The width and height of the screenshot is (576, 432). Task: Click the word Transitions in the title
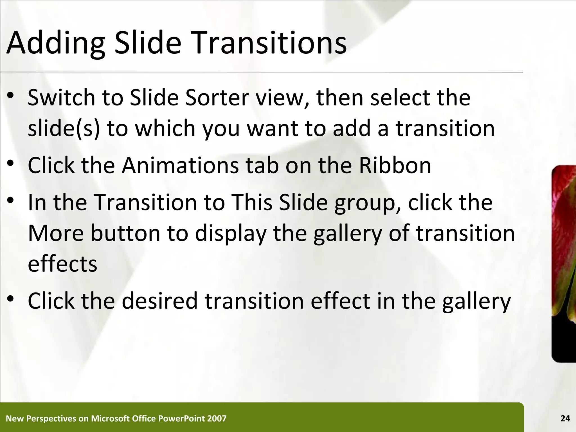point(269,43)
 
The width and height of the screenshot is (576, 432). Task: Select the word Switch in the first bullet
point(62,98)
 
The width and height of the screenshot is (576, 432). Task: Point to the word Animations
point(180,165)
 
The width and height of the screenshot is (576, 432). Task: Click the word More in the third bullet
point(56,233)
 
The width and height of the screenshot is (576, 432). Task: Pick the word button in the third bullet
point(125,233)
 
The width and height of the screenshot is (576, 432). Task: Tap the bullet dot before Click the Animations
point(11,163)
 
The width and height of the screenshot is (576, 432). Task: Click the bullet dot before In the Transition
point(11,200)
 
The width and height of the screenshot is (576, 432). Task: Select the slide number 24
point(565,418)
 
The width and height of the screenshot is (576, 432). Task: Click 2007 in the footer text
point(217,418)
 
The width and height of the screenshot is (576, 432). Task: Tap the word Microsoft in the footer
point(110,418)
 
